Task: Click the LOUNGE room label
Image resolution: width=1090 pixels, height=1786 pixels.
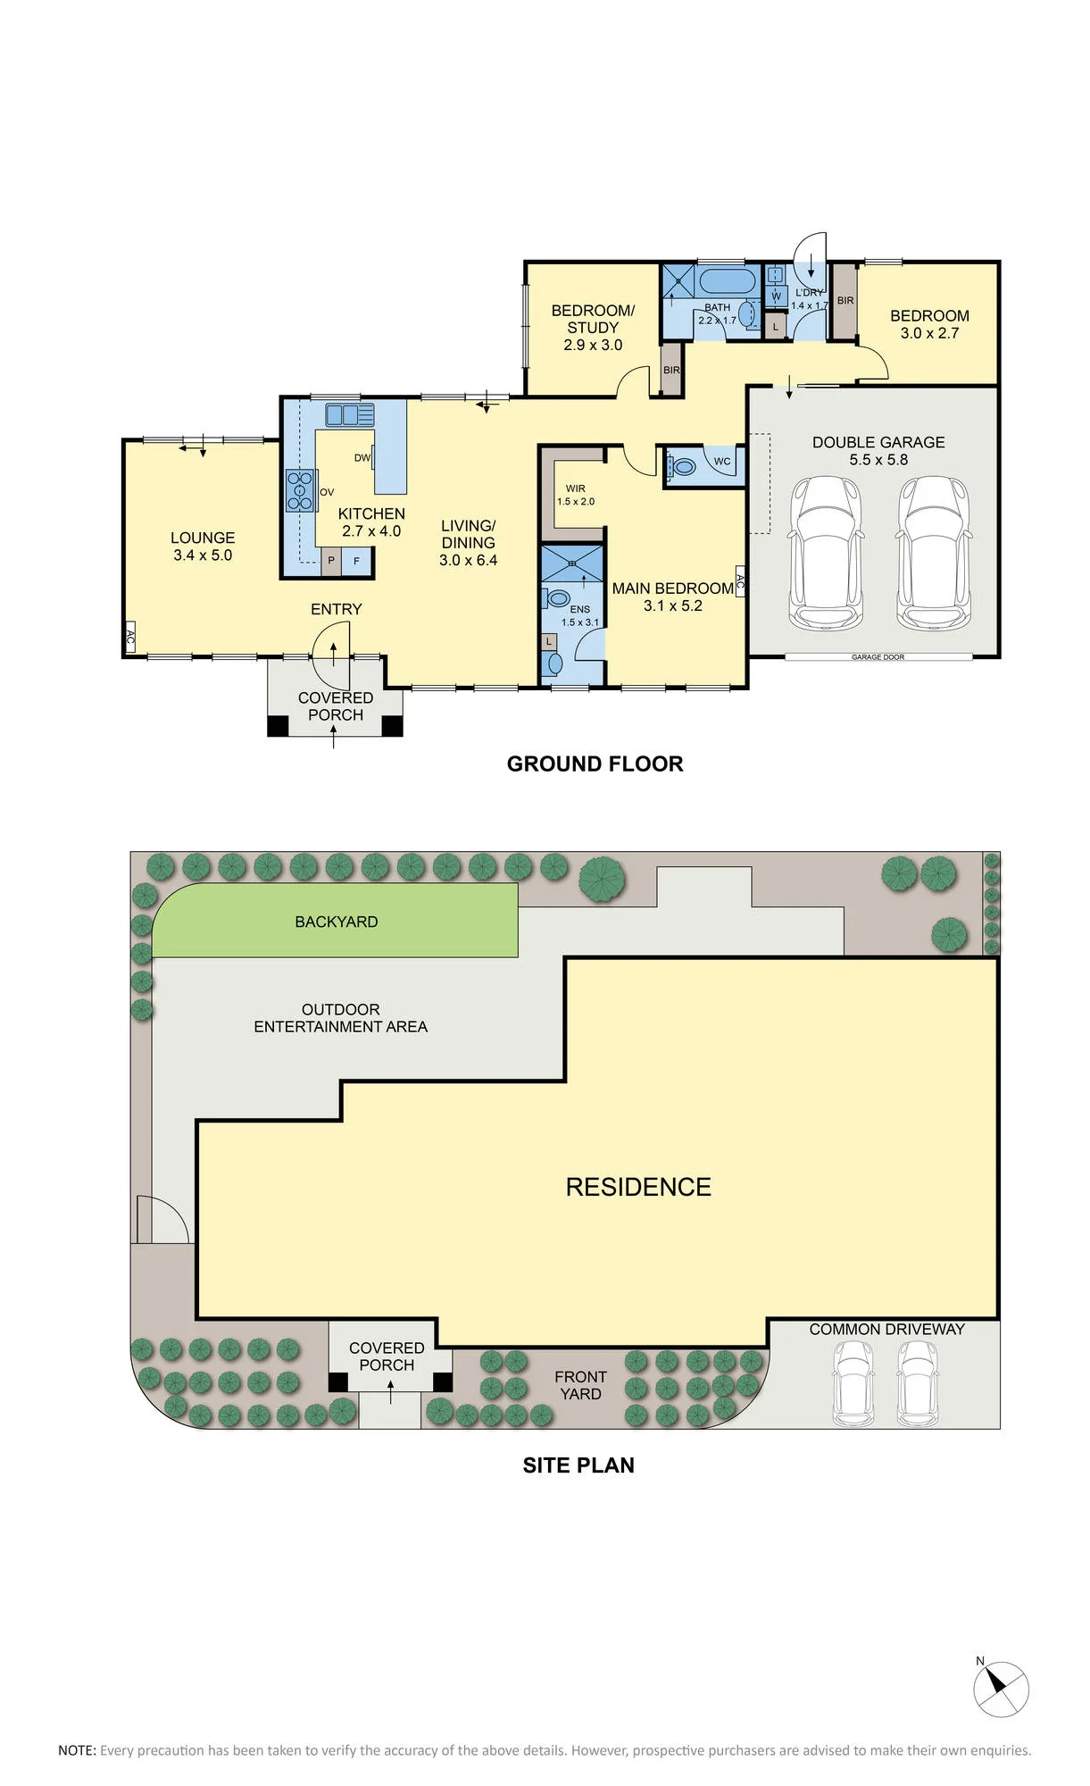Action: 203,538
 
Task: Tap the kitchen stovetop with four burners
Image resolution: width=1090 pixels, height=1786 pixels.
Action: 301,490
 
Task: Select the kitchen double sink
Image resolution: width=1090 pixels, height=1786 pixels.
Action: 349,414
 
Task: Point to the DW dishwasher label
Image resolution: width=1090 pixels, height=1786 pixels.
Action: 362,458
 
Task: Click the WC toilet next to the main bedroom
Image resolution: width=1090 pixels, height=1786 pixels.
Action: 684,465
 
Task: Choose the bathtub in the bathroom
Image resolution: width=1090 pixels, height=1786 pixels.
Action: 728,281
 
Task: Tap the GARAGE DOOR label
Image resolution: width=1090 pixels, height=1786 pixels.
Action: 878,657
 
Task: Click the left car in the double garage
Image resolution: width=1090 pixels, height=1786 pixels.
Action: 826,554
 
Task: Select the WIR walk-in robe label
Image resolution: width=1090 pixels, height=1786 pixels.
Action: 576,488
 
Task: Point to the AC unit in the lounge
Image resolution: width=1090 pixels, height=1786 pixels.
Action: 129,637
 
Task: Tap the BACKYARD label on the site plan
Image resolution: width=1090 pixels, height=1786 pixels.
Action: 337,922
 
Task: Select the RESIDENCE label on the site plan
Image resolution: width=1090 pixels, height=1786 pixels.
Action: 638,1187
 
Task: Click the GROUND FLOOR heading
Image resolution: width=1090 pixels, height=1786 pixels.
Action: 595,764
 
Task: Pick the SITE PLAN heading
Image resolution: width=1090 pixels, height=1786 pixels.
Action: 578,1465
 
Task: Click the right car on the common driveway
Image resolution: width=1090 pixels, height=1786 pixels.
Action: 918,1383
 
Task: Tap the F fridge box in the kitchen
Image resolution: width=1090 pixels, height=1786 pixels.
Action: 357,561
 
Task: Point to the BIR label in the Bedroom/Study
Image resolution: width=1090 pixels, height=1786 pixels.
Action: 671,370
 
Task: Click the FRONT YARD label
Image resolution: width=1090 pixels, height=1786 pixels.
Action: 580,1385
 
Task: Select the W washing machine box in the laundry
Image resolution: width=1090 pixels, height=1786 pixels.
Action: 776,296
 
